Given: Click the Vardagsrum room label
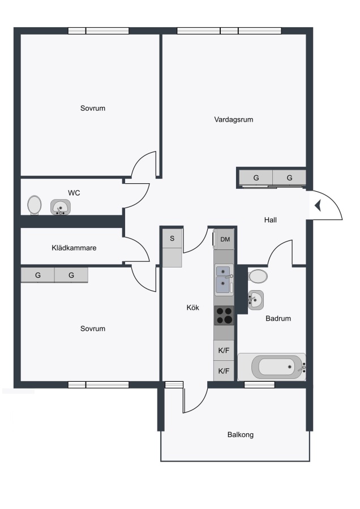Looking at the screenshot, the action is (233, 119).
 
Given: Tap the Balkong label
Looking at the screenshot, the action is (241, 435).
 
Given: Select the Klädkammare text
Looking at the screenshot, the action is (74, 248).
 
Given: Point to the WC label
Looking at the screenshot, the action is (74, 193).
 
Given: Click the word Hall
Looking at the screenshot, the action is (271, 220).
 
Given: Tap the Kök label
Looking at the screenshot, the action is (192, 308).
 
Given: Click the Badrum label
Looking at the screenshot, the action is (278, 318).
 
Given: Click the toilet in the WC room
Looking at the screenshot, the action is (35, 205).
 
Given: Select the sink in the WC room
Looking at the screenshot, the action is (61, 207).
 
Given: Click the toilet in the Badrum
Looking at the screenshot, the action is (258, 276).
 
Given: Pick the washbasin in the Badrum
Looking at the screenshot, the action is (256, 300).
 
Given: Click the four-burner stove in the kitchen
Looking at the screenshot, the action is (224, 316).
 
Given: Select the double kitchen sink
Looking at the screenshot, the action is (224, 280).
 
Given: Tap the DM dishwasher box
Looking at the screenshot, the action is (225, 239).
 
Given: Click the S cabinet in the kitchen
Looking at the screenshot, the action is (172, 239).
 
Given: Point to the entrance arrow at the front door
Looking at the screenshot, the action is (318, 205).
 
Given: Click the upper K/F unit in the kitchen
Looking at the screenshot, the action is (224, 350).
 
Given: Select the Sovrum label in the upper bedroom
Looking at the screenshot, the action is (93, 108).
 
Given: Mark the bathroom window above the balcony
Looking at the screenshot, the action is (259, 385).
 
